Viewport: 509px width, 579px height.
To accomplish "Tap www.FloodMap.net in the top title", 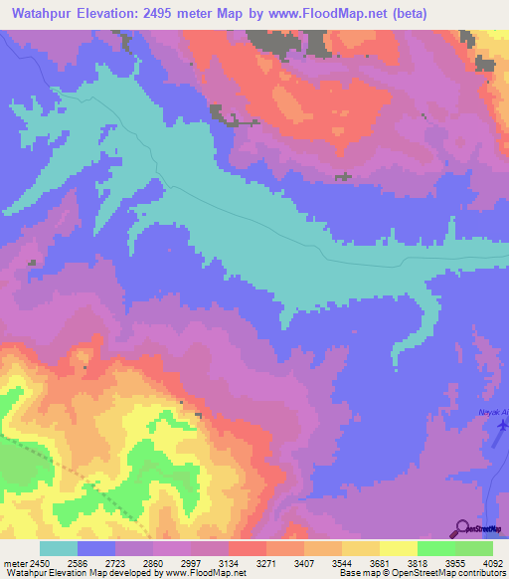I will (x=373, y=15).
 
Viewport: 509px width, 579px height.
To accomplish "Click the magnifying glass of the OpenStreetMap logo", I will (x=462, y=527).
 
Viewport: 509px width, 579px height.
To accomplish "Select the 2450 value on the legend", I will (x=37, y=561).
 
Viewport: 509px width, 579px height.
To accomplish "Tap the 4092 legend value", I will (x=491, y=561).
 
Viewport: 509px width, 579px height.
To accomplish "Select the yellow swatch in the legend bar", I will (x=398, y=548).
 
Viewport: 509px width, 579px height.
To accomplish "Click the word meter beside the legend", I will (x=15, y=561).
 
